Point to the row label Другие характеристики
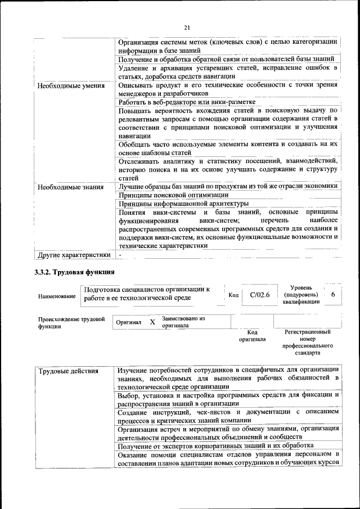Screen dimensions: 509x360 (73, 254)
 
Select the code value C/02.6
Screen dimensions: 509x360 (260, 294)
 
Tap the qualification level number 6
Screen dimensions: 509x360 (333, 294)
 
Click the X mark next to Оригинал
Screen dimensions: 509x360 (152, 322)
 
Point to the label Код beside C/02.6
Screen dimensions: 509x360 (233, 295)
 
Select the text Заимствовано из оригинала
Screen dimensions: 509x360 (183, 322)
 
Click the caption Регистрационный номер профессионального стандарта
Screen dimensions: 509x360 (309, 343)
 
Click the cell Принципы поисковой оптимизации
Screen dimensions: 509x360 (161, 195)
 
